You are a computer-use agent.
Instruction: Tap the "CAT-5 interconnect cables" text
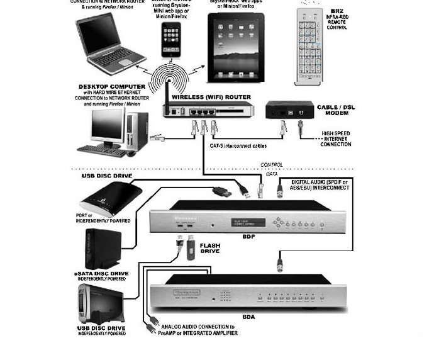click(238, 145)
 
